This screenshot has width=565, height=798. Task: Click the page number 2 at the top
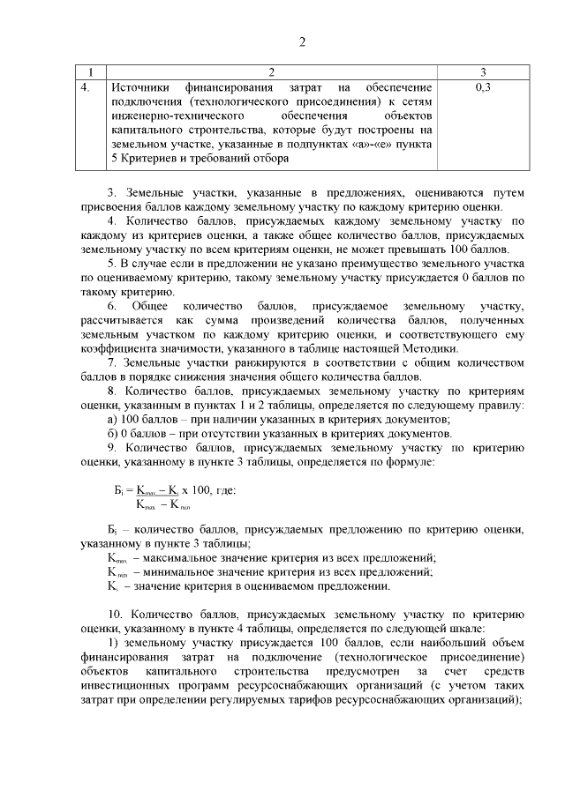point(302,42)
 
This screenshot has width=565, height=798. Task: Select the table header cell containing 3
point(482,71)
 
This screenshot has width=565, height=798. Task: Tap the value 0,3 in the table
point(482,87)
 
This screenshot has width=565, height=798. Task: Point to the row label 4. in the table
point(86,87)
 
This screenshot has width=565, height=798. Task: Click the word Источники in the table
point(141,87)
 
